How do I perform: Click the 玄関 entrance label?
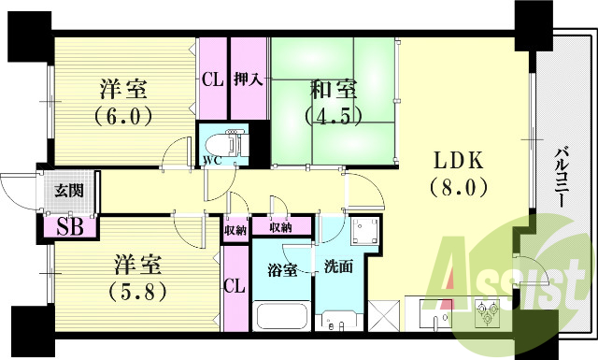coord(66,193)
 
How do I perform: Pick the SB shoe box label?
coord(68,225)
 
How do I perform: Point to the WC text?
coord(212,159)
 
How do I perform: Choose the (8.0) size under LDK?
coord(459,186)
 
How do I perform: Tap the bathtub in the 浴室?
coord(282,315)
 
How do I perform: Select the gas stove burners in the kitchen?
coord(487,312)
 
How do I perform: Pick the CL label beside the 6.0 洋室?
coord(211,79)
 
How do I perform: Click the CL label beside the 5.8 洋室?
coord(235,286)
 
